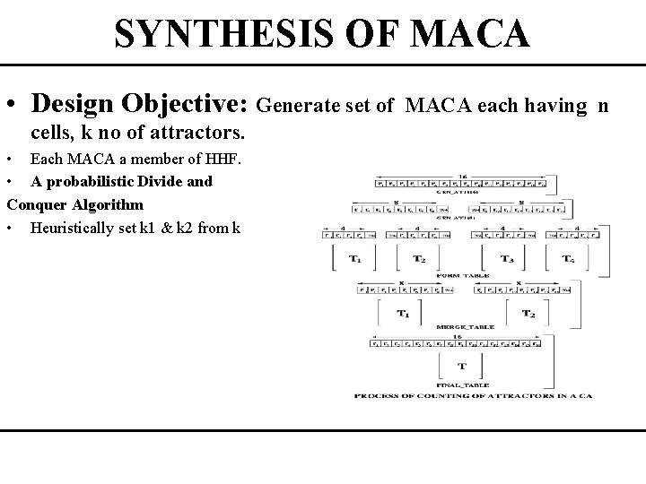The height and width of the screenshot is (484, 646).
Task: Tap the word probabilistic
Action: coord(99,181)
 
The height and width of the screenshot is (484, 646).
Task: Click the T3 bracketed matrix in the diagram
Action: coord(508,259)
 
